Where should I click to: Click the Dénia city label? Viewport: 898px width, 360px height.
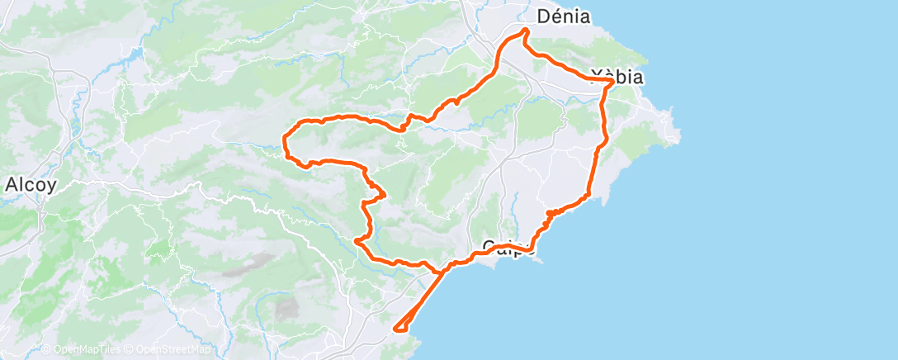(x=564, y=16)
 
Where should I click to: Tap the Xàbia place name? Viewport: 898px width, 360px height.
(x=617, y=78)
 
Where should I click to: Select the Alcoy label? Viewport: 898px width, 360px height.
(x=30, y=185)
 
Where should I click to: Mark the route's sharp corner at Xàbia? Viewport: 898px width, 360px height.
(x=612, y=81)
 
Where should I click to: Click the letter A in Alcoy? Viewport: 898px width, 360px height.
(x=11, y=185)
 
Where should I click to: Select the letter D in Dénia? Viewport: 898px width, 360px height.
(x=544, y=16)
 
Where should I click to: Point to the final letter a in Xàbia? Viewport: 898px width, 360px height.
(x=637, y=78)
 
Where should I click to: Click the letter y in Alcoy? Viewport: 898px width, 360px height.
(x=51, y=187)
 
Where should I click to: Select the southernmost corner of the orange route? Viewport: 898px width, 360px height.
(x=398, y=330)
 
